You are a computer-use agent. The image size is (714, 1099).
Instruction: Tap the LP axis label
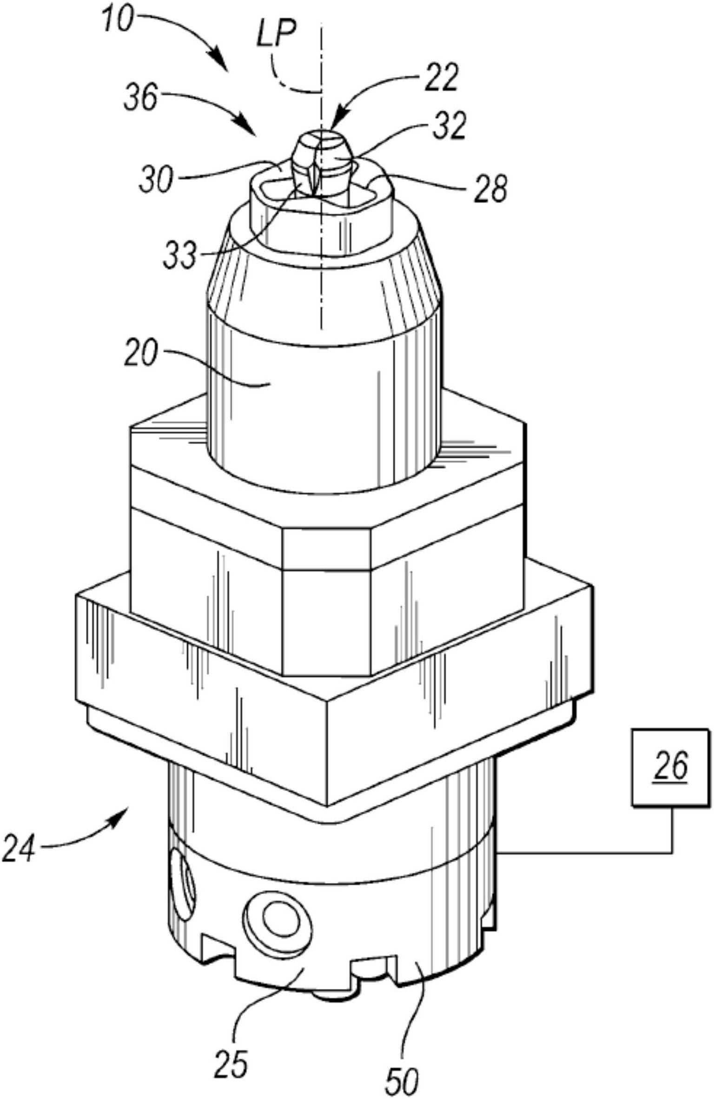tap(277, 36)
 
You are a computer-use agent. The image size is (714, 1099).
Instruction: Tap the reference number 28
tap(490, 188)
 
